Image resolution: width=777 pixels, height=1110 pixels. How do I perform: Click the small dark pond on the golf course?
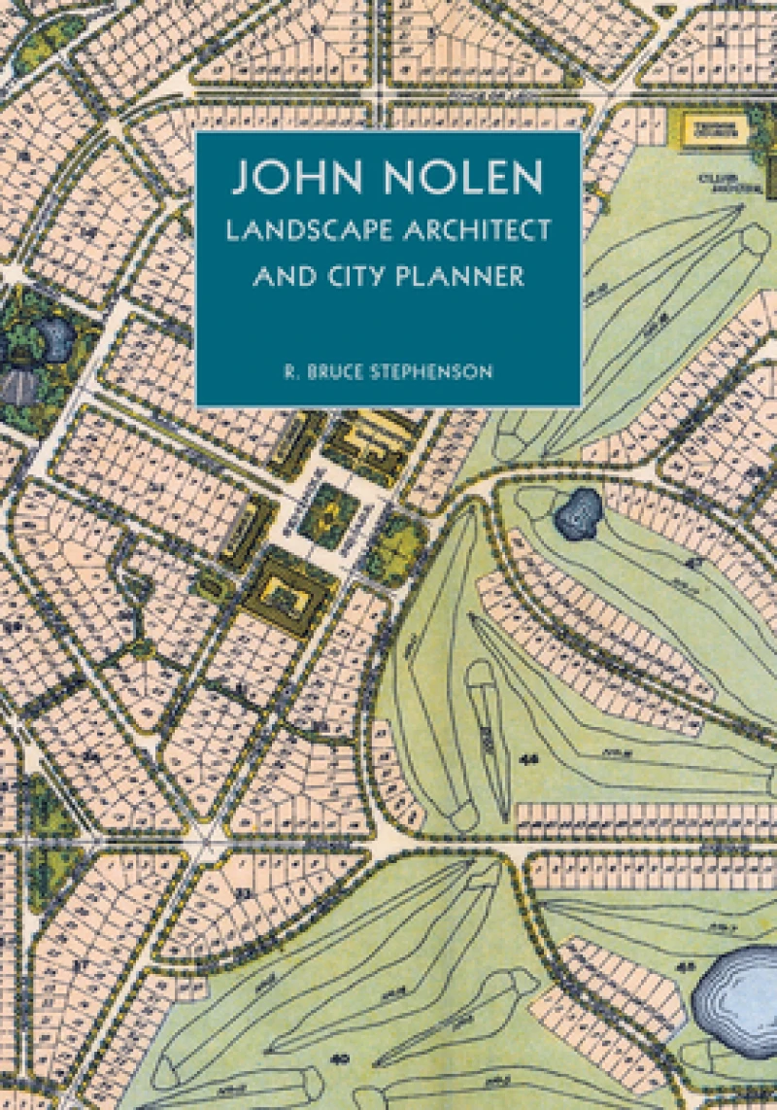tap(580, 511)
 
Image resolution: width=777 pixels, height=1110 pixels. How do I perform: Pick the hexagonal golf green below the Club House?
tap(754, 238)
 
